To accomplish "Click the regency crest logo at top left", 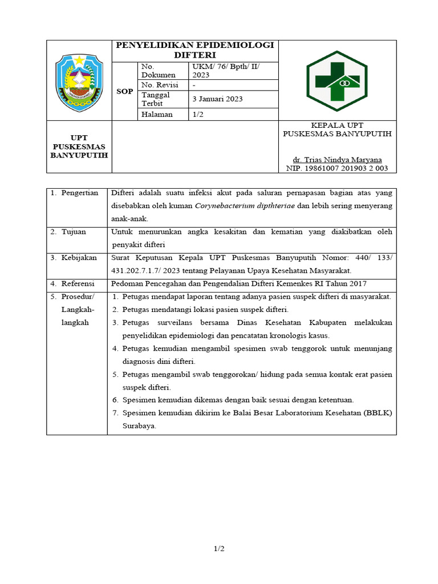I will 79,80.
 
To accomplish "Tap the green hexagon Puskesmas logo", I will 337,80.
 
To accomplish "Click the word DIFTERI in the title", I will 195,55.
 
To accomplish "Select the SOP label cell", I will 124,91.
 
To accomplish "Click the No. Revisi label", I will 160,85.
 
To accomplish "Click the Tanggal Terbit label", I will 156,99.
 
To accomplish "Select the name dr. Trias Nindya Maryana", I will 337,160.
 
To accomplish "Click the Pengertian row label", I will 80,193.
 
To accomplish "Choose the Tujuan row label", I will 74,232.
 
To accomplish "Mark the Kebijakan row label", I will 79,258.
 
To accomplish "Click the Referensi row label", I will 78,283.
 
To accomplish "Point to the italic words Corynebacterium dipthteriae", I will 245,206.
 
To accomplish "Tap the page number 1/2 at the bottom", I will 219,549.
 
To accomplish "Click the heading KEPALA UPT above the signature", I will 337,125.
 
